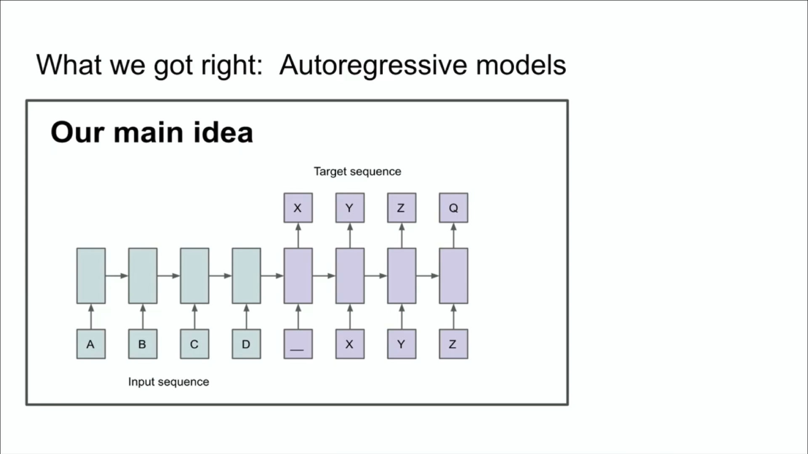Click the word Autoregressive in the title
(373, 66)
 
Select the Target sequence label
(357, 172)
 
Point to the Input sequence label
(168, 382)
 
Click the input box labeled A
(91, 344)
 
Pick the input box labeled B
(143, 344)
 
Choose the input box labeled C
(194, 344)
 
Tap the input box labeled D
(246, 344)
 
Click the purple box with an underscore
(298, 344)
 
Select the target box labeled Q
(453, 208)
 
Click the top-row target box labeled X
(298, 208)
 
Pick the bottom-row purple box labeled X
(350, 344)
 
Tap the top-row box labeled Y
(350, 208)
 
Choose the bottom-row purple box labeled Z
(453, 344)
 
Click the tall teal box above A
(91, 276)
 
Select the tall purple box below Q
(453, 276)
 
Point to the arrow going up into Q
(453, 235)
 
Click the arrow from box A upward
(91, 317)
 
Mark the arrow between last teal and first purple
(272, 276)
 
